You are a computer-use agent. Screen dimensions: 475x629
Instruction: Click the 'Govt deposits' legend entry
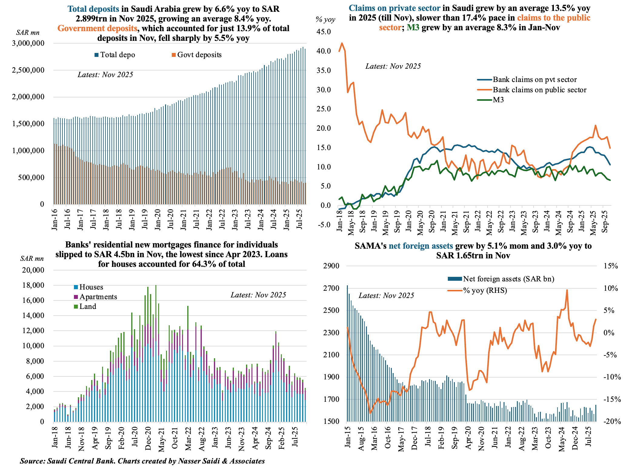coord(199,55)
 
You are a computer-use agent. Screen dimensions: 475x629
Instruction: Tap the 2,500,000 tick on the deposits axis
coord(28,70)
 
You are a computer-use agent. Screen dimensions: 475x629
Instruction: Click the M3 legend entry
coord(498,100)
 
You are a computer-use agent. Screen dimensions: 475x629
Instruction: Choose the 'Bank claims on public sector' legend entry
coord(539,90)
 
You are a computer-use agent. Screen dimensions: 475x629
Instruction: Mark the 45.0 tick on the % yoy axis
coord(324,32)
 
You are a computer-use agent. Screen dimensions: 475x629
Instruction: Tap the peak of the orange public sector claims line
coord(342,43)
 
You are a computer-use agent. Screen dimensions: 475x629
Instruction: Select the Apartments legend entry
coord(98,297)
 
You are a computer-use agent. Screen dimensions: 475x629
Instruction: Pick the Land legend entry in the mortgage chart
coord(88,306)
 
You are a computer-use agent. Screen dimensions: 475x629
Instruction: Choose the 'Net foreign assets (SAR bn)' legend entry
coord(508,279)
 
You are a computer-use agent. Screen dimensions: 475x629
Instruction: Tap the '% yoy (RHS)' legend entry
coord(485,291)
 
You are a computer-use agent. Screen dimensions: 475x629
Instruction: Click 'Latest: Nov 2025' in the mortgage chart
coord(258,295)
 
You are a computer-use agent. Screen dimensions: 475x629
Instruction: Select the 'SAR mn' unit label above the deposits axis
coord(28,33)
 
